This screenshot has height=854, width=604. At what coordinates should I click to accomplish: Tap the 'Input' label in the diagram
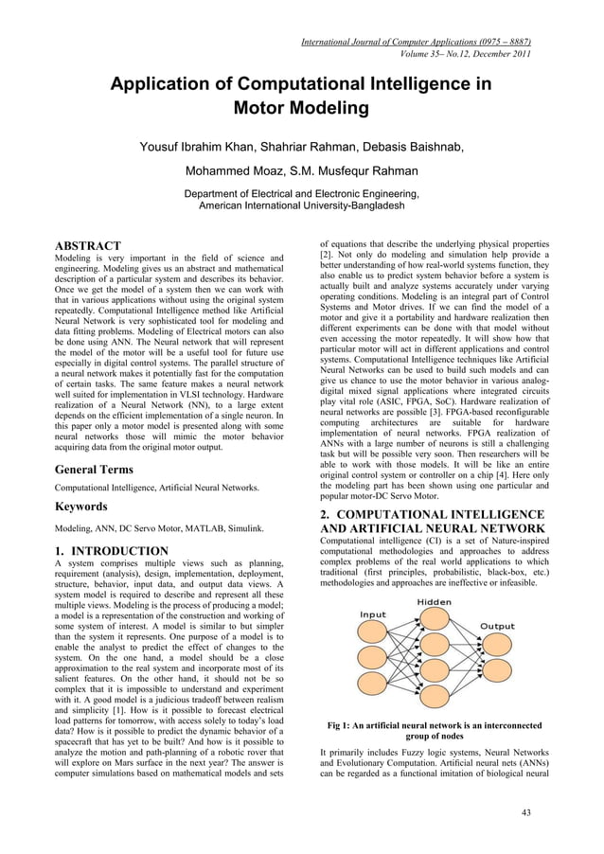click(x=372, y=614)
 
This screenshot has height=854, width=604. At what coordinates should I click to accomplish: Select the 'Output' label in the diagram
click(x=498, y=627)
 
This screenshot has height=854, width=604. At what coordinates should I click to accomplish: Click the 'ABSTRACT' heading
click(x=87, y=246)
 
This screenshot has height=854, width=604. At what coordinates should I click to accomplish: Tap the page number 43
click(x=528, y=812)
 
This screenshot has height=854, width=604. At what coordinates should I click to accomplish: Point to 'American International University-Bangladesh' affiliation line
click(x=301, y=205)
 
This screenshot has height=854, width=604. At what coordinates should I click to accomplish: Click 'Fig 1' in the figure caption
click(x=340, y=726)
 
